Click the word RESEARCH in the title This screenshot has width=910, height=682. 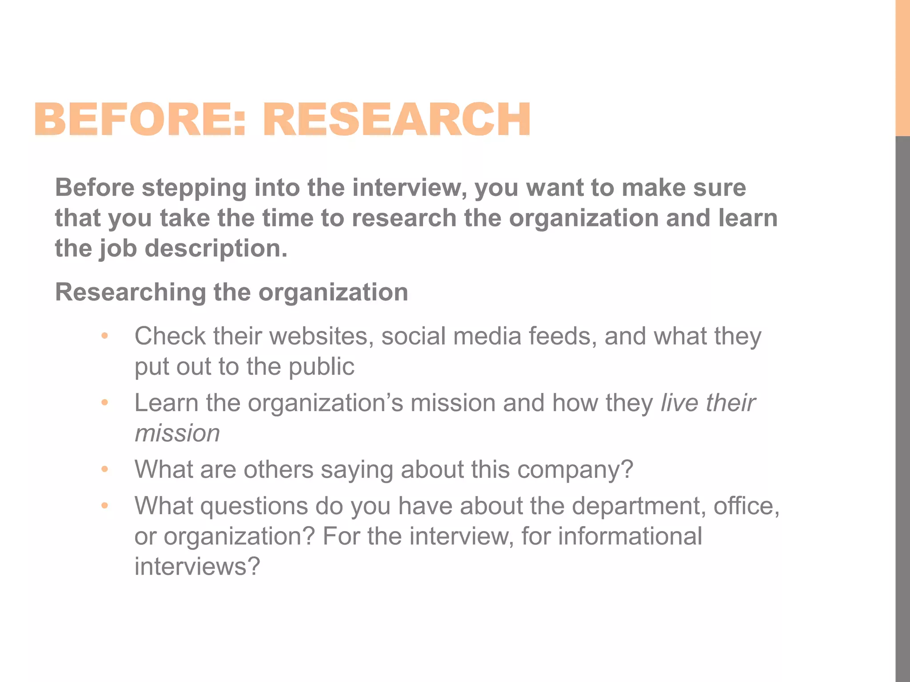click(x=396, y=119)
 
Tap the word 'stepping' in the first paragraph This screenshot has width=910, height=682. click(x=194, y=188)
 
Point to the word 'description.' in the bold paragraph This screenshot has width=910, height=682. click(x=216, y=248)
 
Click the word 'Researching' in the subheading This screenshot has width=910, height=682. click(x=130, y=293)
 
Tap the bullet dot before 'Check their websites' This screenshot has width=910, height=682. click(x=105, y=336)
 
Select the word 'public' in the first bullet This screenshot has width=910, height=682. click(x=321, y=367)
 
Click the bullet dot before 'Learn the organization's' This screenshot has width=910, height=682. click(x=105, y=403)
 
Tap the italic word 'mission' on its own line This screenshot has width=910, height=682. click(x=177, y=433)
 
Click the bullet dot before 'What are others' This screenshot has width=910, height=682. click(x=105, y=469)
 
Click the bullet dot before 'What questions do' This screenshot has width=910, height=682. click(x=105, y=506)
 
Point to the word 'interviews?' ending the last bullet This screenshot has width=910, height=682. click(x=197, y=567)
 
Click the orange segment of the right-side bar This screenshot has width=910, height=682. click(x=902, y=67)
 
